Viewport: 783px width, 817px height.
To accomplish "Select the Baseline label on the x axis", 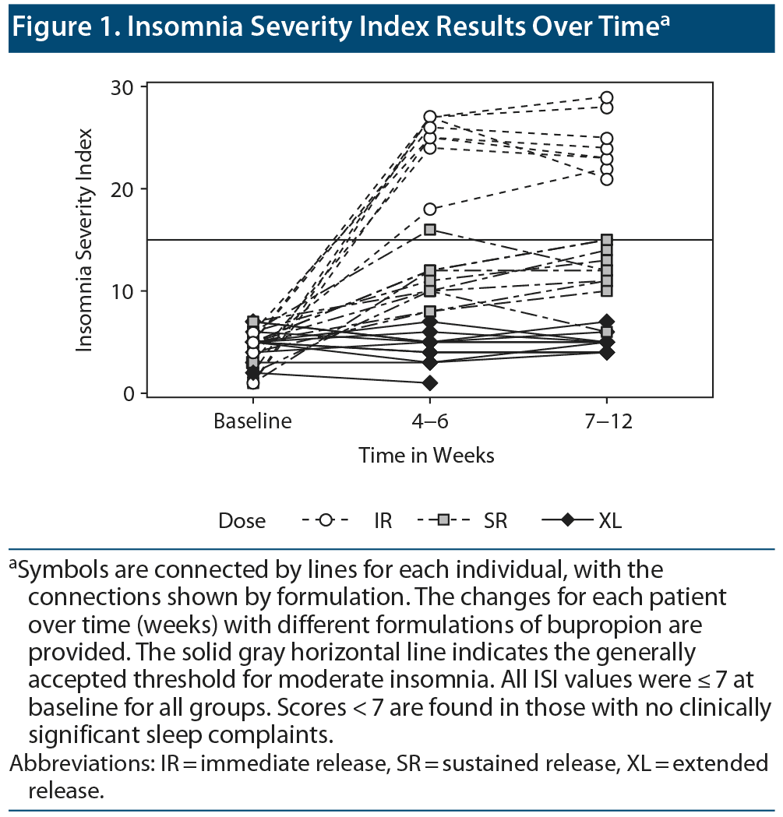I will click(x=253, y=421).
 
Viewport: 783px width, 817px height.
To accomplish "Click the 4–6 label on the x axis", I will click(x=429, y=421).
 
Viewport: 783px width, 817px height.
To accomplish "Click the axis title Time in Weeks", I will click(x=426, y=455).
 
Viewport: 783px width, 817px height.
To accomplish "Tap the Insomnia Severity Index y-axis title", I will click(x=85, y=240).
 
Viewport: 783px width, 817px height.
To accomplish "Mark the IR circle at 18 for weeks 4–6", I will click(x=429, y=209).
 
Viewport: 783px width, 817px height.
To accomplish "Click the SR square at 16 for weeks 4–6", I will click(x=429, y=230).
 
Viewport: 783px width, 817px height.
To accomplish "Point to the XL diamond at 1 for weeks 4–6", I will click(x=429, y=383).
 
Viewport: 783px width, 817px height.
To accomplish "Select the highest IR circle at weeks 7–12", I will click(x=606, y=98).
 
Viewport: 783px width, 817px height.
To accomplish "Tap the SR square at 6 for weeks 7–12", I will click(x=606, y=332).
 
